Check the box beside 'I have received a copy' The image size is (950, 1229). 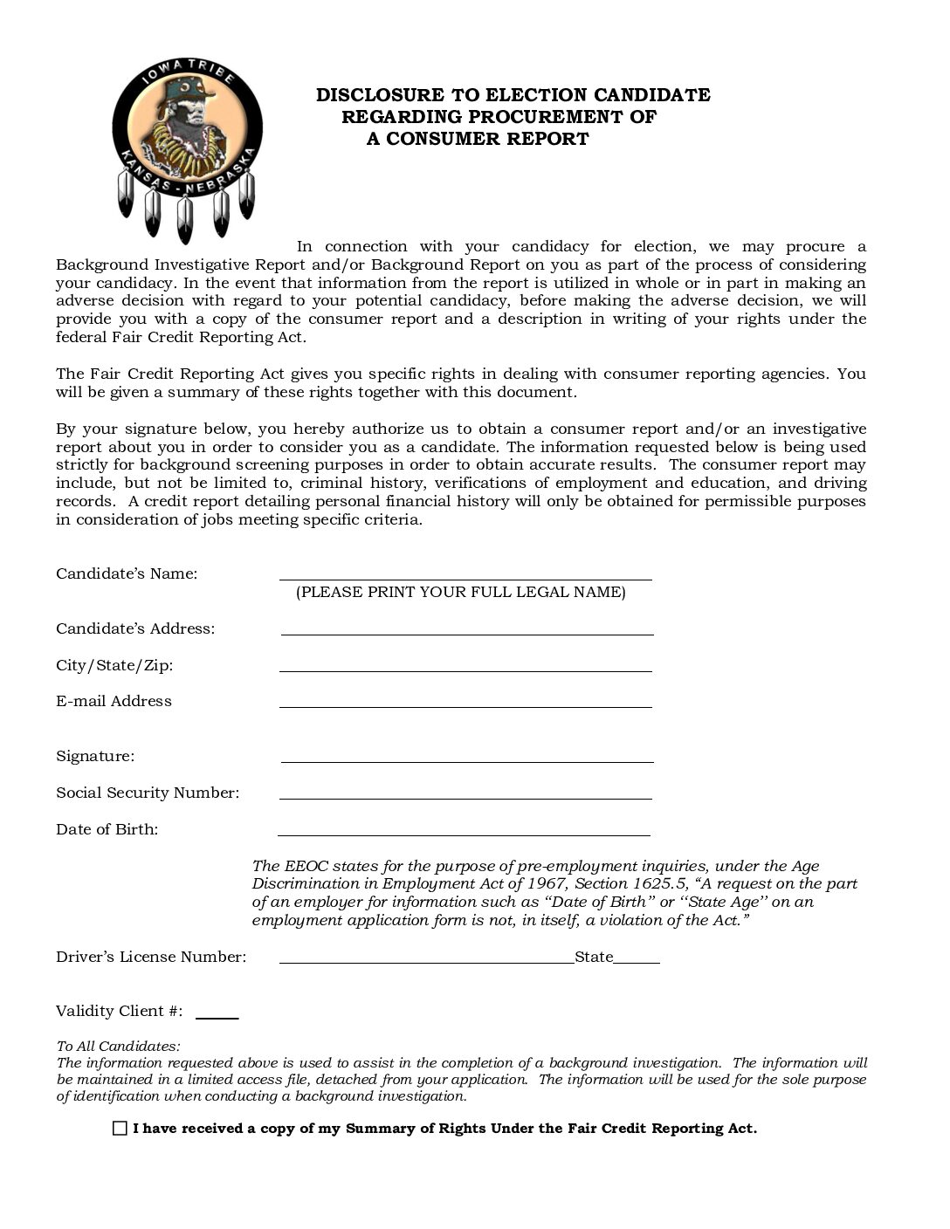(x=120, y=1128)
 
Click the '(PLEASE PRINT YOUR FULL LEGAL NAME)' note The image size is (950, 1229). (x=460, y=592)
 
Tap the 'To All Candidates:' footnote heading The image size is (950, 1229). (x=118, y=1046)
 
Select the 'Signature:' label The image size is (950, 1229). (x=95, y=756)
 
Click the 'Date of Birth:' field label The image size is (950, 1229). (x=107, y=829)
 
